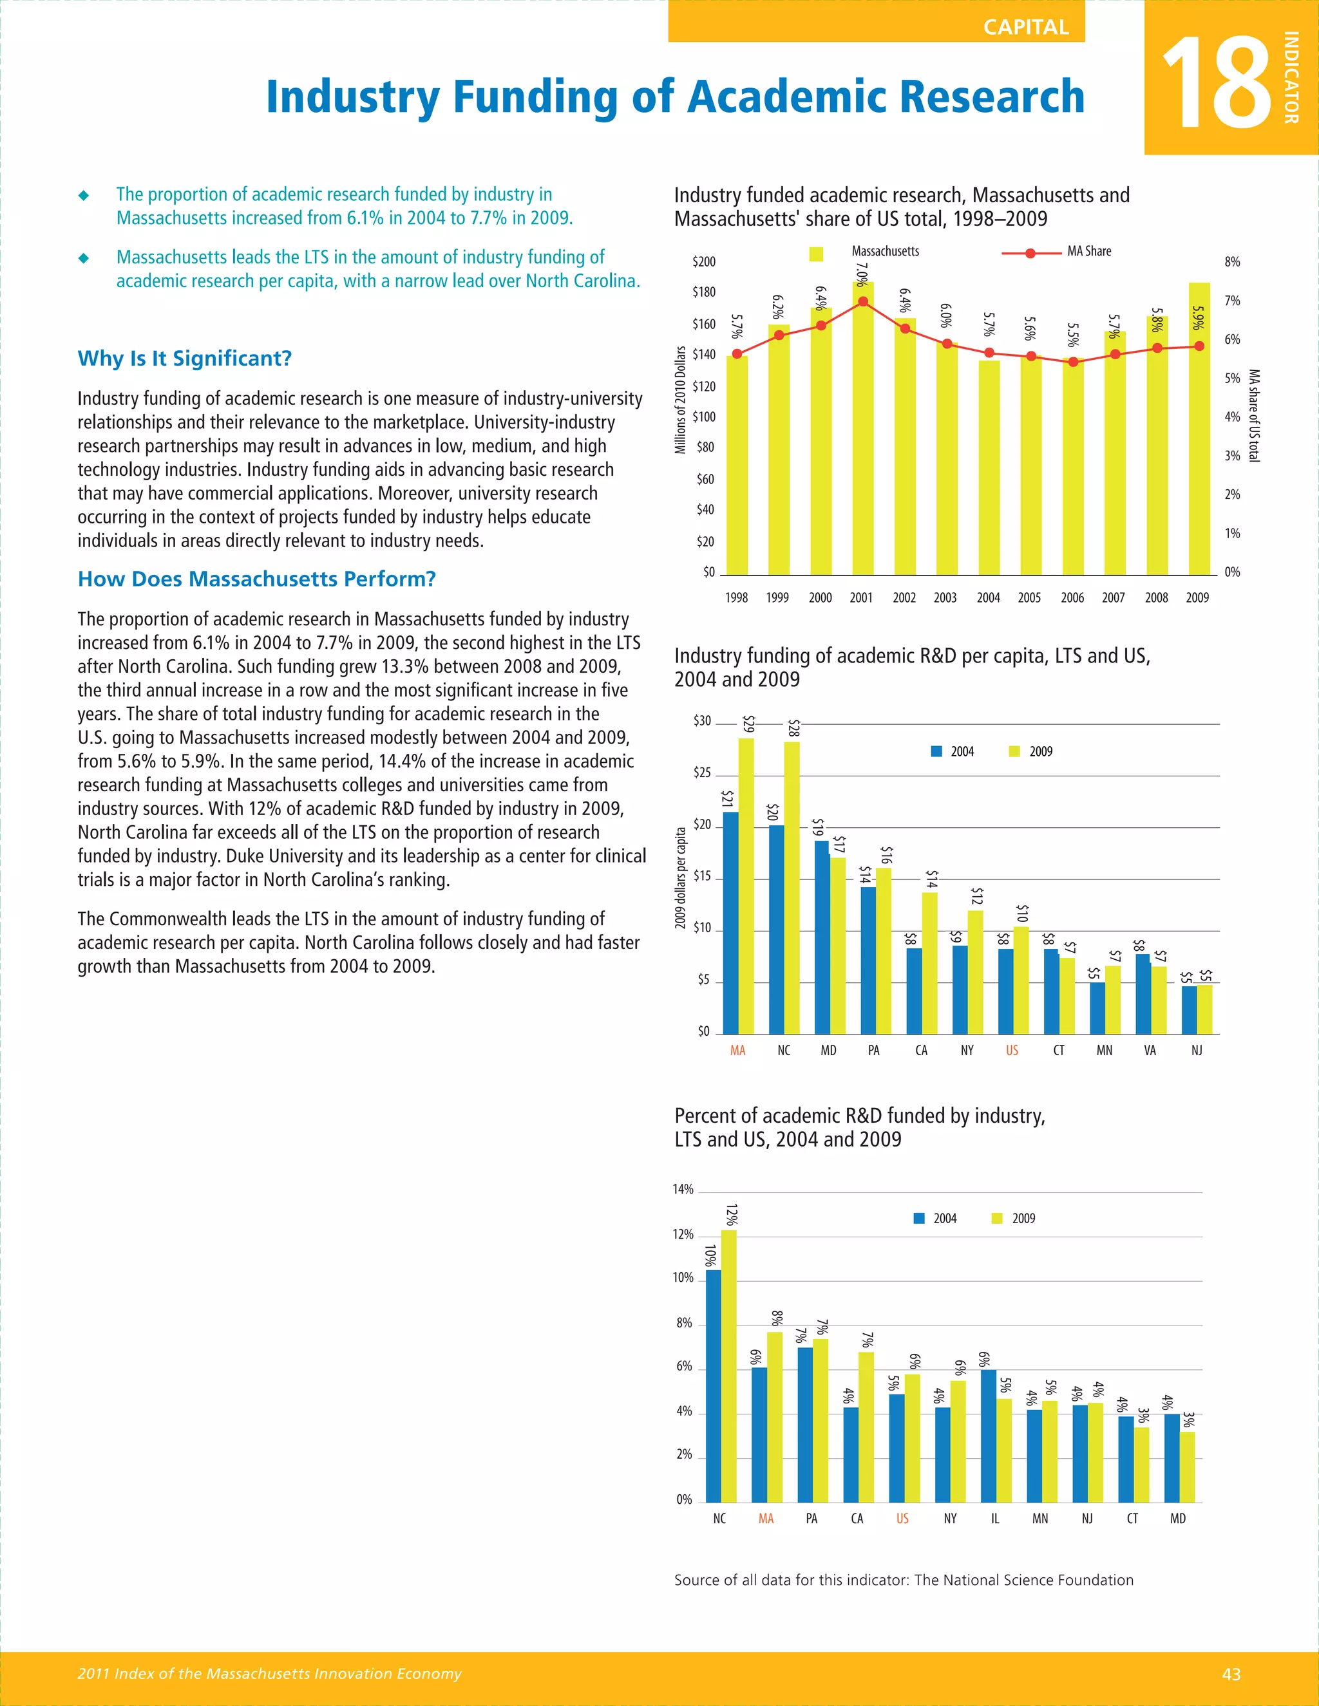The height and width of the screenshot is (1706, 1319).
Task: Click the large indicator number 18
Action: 1216,84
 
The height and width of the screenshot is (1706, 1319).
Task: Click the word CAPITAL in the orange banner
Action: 1025,27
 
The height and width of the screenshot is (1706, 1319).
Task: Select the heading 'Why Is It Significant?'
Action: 184,359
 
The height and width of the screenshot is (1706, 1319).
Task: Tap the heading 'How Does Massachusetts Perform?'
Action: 256,579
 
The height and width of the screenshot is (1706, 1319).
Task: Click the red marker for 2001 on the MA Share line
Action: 862,301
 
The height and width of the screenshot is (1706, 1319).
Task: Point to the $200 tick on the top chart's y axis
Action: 703,261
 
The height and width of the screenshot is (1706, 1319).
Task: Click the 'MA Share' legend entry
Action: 1088,252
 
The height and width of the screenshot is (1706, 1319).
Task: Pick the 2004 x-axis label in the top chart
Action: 988,597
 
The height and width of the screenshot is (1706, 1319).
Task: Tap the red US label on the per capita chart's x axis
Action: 1012,1051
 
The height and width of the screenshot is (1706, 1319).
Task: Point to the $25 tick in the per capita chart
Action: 703,773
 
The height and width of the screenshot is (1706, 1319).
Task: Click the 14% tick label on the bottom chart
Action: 683,1190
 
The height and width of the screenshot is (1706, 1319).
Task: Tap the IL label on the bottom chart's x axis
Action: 994,1519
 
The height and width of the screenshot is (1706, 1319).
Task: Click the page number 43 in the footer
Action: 1231,1674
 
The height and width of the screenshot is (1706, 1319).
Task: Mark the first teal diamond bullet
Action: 84,195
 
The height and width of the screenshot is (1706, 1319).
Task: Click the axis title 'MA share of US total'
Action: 1253,416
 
